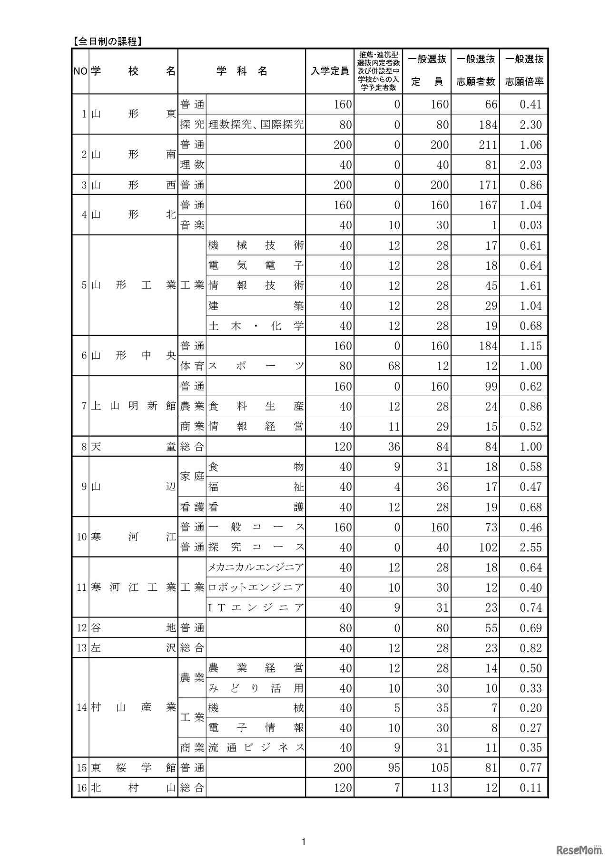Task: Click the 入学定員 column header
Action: coord(329,71)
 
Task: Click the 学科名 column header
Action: coord(242,71)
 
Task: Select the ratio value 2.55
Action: coord(530,548)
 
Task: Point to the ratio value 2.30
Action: coord(530,125)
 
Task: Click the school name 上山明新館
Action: coord(133,406)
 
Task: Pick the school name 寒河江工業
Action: coord(133,587)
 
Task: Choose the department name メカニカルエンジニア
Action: coord(255,567)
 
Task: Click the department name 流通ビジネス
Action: coord(255,748)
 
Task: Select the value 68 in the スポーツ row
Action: coord(393,366)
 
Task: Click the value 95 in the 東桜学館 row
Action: coord(393,768)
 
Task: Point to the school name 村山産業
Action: coord(133,707)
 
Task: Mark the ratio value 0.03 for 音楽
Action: coord(530,225)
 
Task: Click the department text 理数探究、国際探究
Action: coord(255,125)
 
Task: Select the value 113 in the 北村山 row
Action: coord(439,788)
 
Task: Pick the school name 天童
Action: coord(133,447)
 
